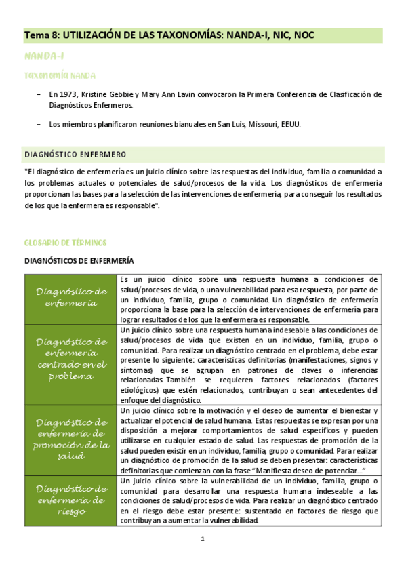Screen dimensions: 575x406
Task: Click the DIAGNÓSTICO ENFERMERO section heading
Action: pyautogui.click(x=75, y=155)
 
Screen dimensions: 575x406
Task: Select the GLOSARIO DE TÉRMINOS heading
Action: pyautogui.click(x=65, y=242)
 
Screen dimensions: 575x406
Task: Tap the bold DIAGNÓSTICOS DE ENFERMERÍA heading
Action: pyautogui.click(x=79, y=260)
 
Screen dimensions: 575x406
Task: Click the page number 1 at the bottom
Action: pyautogui.click(x=202, y=540)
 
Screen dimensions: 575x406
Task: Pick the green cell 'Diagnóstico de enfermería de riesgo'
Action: pyautogui.click(x=71, y=500)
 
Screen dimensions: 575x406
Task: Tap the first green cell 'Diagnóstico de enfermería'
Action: pyautogui.click(x=71, y=298)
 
